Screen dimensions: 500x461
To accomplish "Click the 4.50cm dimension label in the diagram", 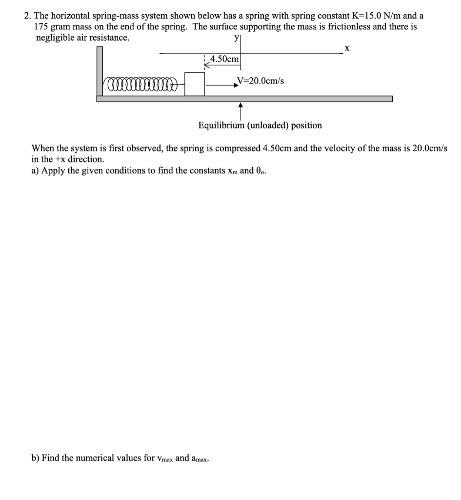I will point(224,59).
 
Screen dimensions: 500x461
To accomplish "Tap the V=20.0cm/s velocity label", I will point(260,81).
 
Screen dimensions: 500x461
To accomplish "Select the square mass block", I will point(195,84).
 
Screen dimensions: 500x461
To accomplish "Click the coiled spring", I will point(139,86).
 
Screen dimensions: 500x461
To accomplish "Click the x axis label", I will point(346,48).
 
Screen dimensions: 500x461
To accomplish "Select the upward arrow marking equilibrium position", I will point(241,111).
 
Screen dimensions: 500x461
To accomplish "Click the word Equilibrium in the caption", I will point(220,125).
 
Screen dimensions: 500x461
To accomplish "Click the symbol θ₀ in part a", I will point(261,171).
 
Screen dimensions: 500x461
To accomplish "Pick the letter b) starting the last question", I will point(35,458).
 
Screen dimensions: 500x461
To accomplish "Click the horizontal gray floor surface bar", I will point(244,99).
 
